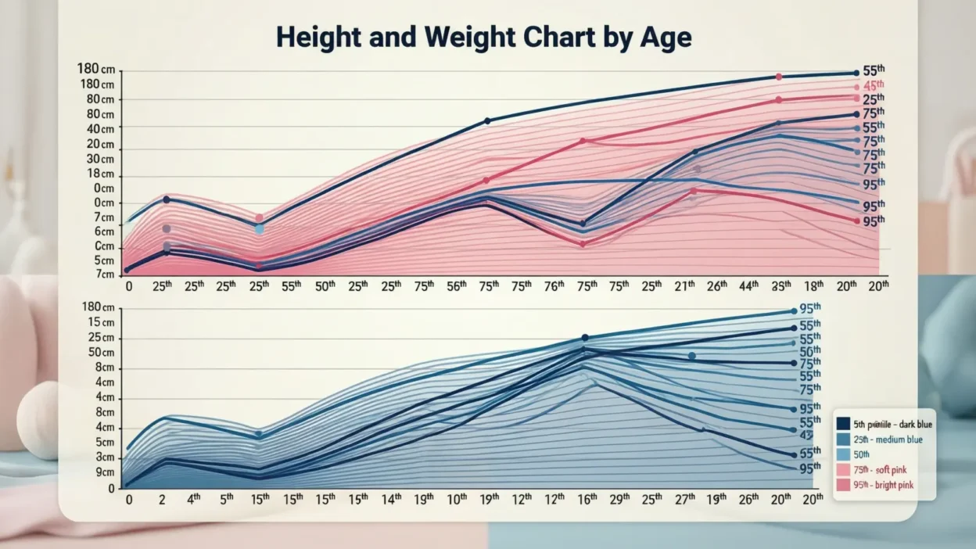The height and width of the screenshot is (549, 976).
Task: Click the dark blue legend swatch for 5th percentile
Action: [x=843, y=424]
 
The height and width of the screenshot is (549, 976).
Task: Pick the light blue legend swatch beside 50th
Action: [x=843, y=455]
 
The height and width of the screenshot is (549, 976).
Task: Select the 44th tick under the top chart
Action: [x=748, y=286]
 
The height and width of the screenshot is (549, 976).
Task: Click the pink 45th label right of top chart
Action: [x=873, y=85]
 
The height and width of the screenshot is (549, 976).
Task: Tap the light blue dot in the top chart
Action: [x=260, y=229]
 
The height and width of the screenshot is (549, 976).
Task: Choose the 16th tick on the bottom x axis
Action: [x=587, y=498]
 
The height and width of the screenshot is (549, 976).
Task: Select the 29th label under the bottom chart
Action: [x=619, y=498]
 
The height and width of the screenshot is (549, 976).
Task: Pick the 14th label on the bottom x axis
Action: [x=391, y=498]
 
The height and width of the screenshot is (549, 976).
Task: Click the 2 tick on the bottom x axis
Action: [x=160, y=498]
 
